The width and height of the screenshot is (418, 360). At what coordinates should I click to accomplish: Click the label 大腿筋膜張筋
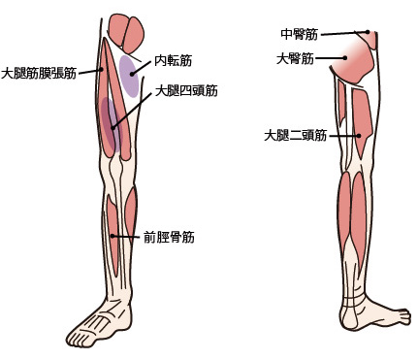pos(39,72)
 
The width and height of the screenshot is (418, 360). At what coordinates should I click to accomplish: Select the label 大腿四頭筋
pos(186,91)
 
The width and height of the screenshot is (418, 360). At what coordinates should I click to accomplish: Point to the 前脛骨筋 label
pos(168,236)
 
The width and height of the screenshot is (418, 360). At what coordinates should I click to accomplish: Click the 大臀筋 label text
pos(295,58)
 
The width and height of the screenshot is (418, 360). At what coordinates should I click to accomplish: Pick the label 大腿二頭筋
pos(295,135)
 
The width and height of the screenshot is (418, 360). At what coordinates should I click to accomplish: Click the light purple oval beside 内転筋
pos(128,78)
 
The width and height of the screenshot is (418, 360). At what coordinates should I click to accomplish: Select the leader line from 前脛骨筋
pos(127,236)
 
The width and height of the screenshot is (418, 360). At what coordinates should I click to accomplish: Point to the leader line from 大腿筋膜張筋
pos(90,70)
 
